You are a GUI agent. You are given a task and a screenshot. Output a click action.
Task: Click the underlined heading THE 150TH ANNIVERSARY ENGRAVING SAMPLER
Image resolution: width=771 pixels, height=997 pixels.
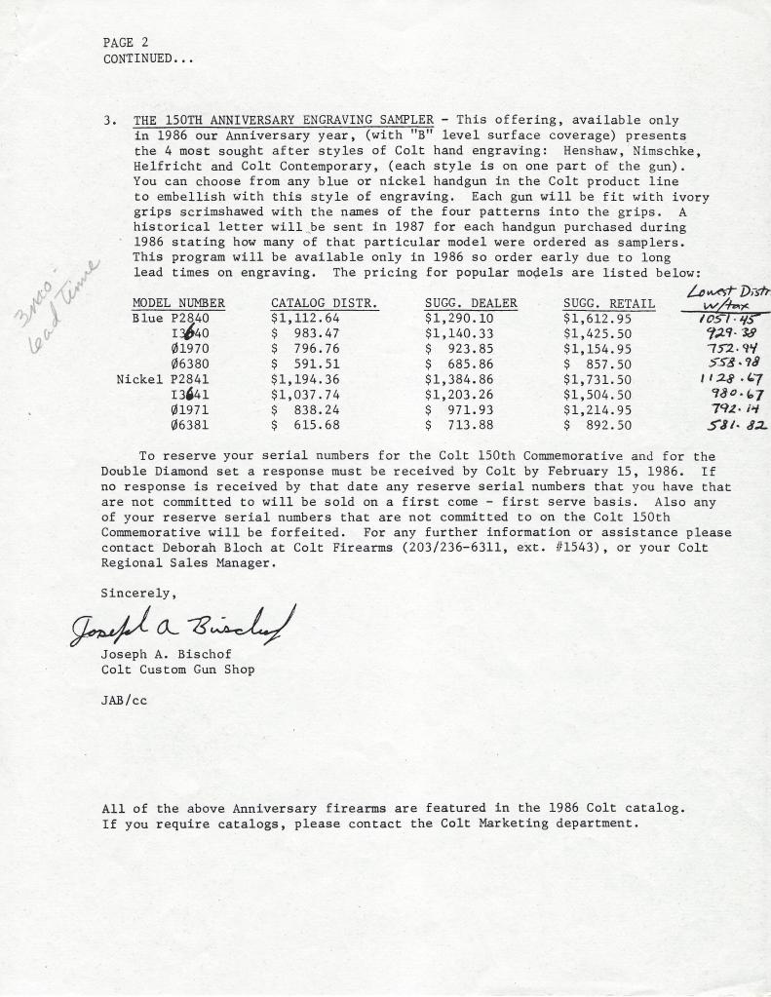[x=284, y=121]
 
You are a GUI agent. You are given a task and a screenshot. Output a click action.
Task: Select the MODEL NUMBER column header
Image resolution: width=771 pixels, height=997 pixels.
[x=178, y=304]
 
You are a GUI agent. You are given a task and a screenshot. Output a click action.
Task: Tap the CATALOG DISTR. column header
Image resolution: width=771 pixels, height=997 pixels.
[x=324, y=304]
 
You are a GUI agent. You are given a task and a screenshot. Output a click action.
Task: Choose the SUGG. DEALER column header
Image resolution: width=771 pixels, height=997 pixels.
[x=471, y=304]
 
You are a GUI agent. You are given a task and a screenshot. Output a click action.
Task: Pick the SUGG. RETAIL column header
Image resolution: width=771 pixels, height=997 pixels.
[x=608, y=304]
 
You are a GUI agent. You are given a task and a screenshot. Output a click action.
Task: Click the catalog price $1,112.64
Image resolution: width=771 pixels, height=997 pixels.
[x=305, y=318]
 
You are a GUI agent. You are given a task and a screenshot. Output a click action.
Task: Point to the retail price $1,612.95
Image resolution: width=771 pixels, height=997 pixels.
[x=598, y=318]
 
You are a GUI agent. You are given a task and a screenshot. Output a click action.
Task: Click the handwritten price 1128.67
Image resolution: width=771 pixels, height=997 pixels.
[x=730, y=378]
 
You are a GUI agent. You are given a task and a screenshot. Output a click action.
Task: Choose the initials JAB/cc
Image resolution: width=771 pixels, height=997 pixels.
[x=124, y=700]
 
